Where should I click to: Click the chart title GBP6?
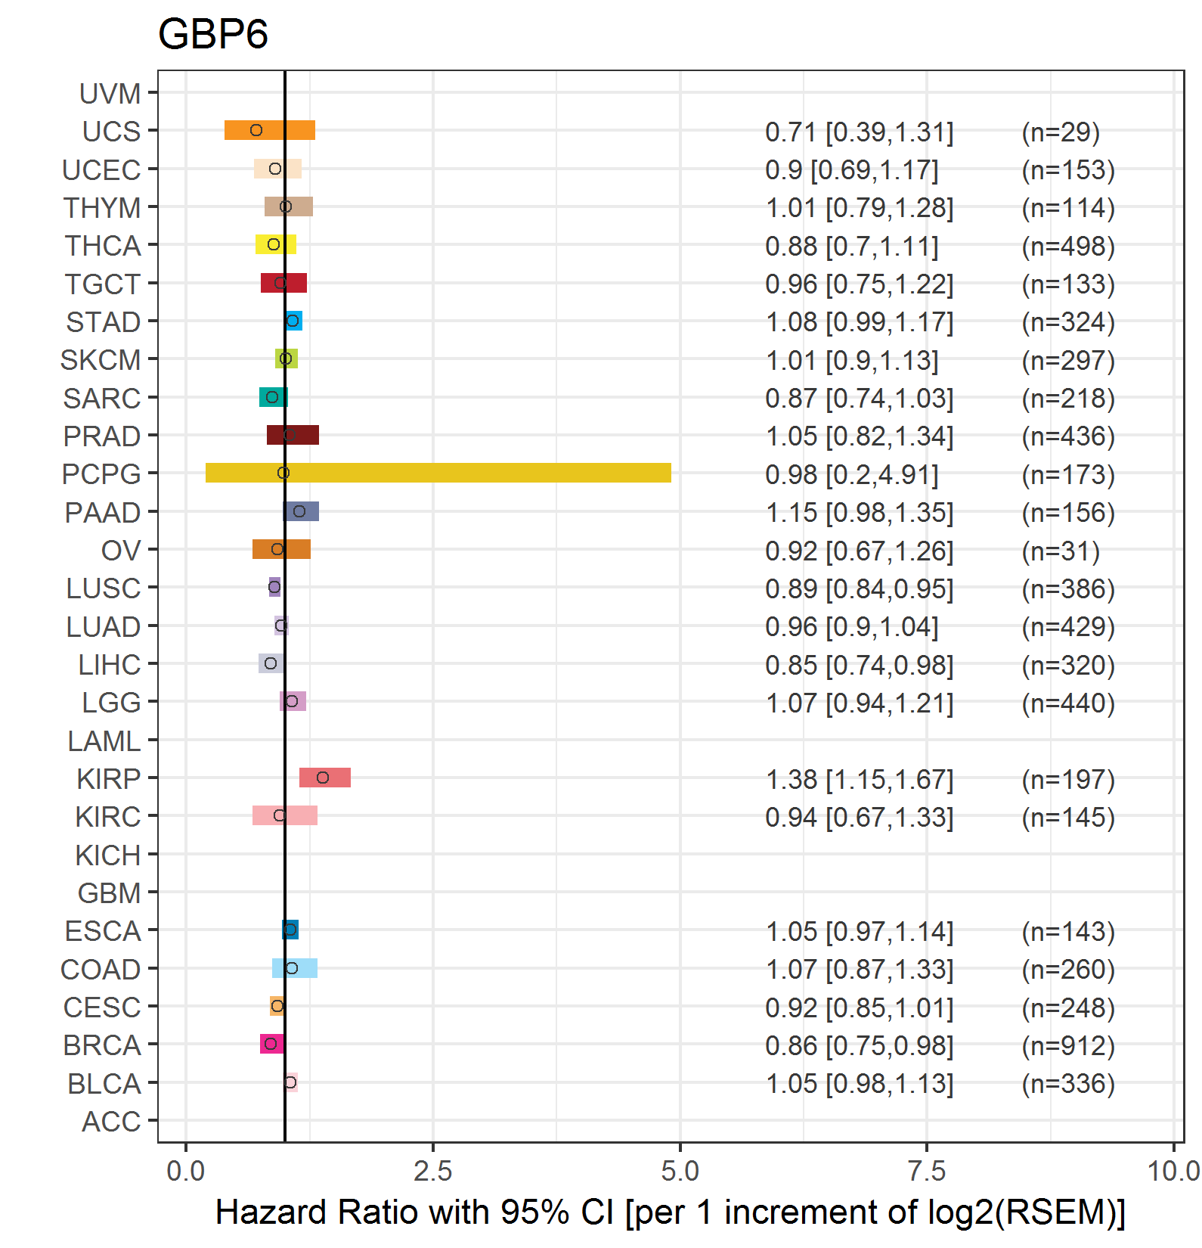click(213, 35)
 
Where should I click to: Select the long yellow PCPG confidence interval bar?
click(438, 473)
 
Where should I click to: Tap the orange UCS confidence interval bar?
click(270, 130)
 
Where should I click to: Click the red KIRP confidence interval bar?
click(325, 778)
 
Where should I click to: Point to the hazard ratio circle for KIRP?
click(323, 778)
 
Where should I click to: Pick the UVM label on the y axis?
click(110, 94)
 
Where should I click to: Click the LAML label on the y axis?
click(104, 741)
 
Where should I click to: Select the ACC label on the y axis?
click(111, 1122)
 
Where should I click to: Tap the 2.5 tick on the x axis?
click(433, 1171)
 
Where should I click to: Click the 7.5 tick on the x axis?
click(927, 1171)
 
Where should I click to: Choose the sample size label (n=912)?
click(1068, 1045)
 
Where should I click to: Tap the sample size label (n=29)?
click(1061, 132)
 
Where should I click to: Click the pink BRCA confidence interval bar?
click(272, 1044)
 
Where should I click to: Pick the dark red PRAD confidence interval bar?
click(293, 435)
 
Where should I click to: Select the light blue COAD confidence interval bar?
click(295, 968)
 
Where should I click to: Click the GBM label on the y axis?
click(110, 893)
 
